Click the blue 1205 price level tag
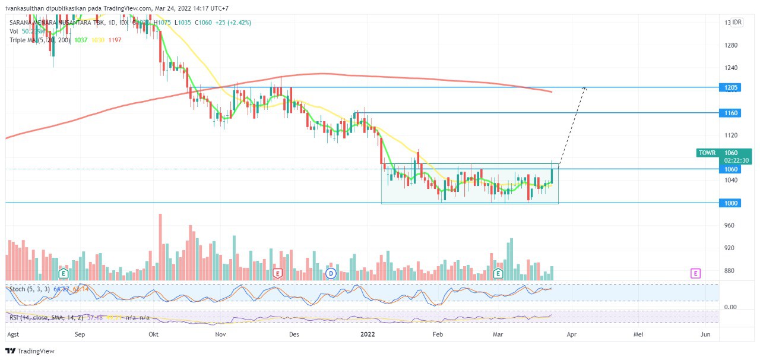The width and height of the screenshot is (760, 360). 731,87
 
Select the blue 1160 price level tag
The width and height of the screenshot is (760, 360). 731,112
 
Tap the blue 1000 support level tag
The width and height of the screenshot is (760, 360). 731,203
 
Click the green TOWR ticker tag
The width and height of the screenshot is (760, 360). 708,153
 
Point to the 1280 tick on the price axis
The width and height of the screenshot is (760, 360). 731,45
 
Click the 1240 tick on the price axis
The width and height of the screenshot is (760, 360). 731,68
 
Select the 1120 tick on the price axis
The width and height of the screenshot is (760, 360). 731,135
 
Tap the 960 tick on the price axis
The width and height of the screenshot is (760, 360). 731,226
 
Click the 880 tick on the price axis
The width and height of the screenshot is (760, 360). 731,271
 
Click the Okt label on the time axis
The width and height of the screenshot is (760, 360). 154,334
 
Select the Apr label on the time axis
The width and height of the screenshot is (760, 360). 571,334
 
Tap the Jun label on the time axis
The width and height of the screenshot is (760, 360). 705,334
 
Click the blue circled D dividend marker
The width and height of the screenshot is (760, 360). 331,273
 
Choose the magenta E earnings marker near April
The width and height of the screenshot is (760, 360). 695,273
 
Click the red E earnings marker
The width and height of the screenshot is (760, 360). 277,273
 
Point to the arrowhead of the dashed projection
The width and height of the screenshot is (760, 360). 585,89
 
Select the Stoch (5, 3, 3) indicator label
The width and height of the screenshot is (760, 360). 28,289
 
